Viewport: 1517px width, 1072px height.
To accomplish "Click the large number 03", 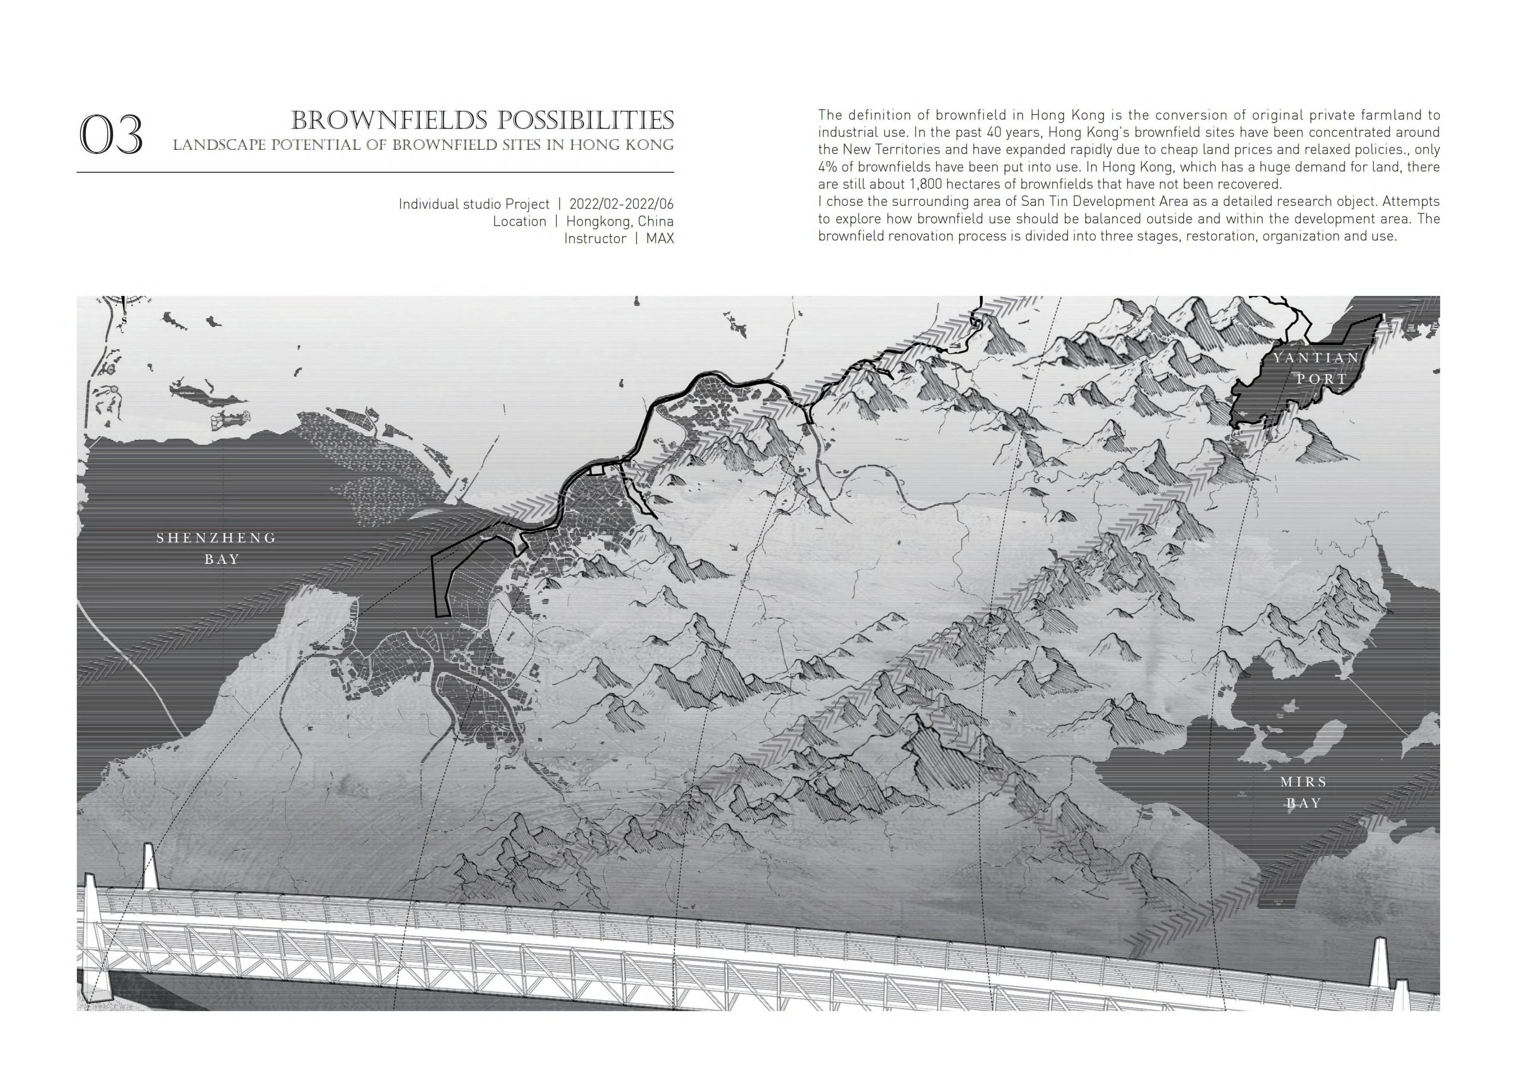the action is (x=111, y=135).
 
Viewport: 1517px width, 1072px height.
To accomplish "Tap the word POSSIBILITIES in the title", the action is (x=586, y=121).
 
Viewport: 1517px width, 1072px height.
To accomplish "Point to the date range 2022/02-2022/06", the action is (x=621, y=204).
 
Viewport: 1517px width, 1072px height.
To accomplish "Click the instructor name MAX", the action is (x=660, y=239).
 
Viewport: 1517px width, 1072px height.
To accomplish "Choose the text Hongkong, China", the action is (x=620, y=221).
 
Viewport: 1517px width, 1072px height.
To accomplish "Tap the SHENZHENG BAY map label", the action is (x=217, y=548).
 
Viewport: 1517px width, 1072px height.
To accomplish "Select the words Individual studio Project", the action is (x=474, y=204).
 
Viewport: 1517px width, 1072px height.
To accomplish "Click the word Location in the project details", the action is (x=519, y=221).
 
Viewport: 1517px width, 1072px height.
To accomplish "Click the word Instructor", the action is (x=595, y=239).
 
